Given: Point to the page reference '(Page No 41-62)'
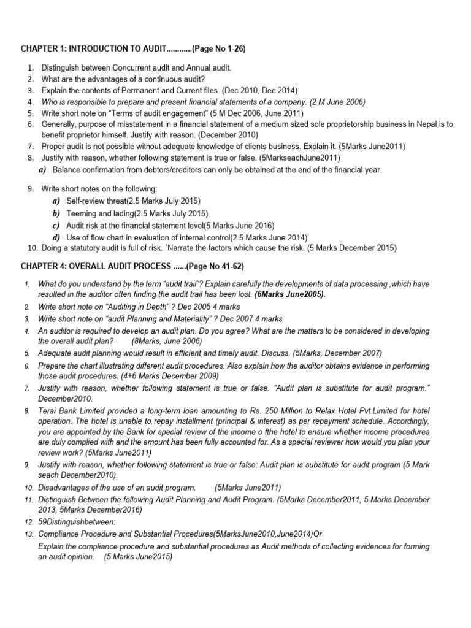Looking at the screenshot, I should [x=212, y=266].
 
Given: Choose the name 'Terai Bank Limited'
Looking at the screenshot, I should [x=72, y=410].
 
